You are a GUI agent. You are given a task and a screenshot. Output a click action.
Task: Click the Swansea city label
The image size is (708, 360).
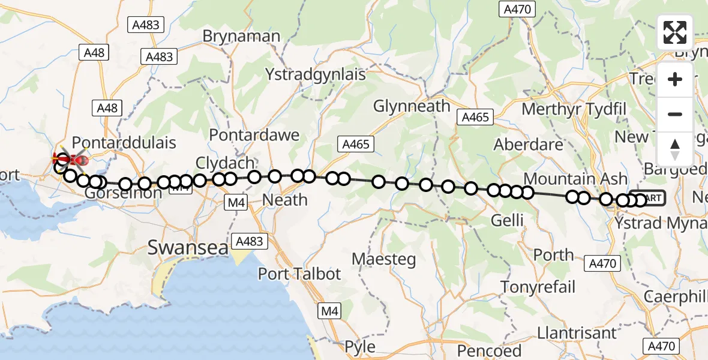tap(188, 246)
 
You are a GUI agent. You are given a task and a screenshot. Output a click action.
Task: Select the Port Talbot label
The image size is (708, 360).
tap(299, 274)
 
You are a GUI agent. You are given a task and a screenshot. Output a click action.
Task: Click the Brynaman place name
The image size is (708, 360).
tap(241, 36)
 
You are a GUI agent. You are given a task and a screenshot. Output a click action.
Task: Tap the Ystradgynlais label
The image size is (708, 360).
tap(316, 75)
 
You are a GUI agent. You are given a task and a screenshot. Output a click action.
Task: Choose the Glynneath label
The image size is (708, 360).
tap(412, 106)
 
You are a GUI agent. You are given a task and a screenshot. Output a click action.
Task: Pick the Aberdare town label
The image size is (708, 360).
tap(529, 145)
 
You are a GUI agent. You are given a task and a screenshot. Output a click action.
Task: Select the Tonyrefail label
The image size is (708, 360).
tap(538, 287)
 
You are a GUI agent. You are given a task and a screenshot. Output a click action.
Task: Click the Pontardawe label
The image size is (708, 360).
tap(254, 134)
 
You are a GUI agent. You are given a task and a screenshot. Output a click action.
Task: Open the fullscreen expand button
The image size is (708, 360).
tap(675, 32)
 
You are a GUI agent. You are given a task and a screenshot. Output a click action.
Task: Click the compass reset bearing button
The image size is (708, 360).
tap(675, 149)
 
